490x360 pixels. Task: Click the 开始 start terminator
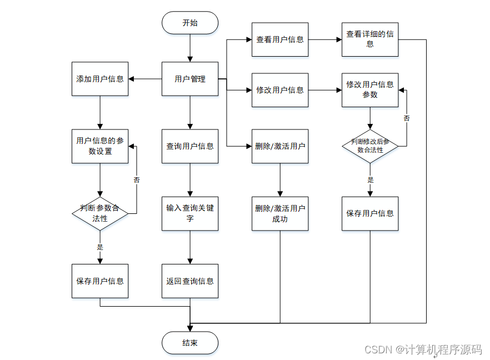[190, 23]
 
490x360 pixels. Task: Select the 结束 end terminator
[190, 343]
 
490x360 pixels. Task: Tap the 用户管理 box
[190, 79]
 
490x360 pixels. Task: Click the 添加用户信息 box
[100, 79]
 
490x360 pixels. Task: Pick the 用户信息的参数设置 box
[100, 146]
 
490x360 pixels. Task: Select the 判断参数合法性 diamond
[100, 213]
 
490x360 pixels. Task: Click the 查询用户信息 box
[190, 146]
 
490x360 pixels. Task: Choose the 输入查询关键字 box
[190, 213]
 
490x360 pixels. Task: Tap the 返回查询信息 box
[190, 281]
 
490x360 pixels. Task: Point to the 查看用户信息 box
[280, 39]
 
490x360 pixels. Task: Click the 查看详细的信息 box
[370, 39]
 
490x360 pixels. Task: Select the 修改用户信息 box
[280, 90]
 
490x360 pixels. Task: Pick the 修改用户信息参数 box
[370, 90]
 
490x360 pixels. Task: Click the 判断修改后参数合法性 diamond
[370, 146]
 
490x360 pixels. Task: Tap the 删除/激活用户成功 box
[280, 213]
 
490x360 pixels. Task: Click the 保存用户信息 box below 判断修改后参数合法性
[370, 213]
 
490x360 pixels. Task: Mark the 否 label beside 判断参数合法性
[137, 180]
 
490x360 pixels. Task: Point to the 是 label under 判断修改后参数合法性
[371, 179]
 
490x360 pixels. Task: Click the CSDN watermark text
[423, 349]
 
